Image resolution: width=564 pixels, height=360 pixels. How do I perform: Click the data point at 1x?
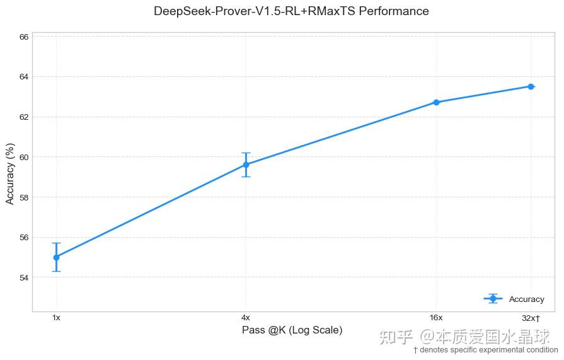pyautogui.click(x=56, y=257)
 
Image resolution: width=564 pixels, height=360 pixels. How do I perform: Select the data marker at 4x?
pyautogui.click(x=246, y=165)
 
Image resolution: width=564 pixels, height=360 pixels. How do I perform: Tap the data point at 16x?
pyautogui.click(x=436, y=102)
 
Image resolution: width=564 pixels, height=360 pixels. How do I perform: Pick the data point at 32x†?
pyautogui.click(x=531, y=86)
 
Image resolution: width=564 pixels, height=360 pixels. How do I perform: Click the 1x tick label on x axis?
pyautogui.click(x=56, y=318)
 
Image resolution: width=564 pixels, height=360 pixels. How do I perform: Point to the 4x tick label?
pyautogui.click(x=246, y=318)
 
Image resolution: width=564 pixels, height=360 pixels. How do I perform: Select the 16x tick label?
pyautogui.click(x=436, y=318)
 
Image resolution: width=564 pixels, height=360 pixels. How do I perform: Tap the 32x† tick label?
pyautogui.click(x=531, y=318)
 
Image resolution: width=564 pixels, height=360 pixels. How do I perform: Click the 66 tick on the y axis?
pyautogui.click(x=24, y=37)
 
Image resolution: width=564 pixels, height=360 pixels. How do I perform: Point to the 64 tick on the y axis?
pyautogui.click(x=24, y=77)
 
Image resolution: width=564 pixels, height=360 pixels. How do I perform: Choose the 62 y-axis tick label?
pyautogui.click(x=24, y=117)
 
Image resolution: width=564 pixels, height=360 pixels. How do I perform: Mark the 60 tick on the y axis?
pyautogui.click(x=24, y=157)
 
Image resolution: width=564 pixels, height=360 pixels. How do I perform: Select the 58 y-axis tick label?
pyautogui.click(x=24, y=197)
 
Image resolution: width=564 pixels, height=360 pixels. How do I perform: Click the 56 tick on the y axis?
pyautogui.click(x=24, y=238)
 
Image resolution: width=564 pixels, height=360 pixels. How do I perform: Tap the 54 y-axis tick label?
pyautogui.click(x=24, y=277)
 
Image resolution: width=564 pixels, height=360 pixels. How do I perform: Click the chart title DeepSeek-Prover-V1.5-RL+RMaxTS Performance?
pyautogui.click(x=291, y=11)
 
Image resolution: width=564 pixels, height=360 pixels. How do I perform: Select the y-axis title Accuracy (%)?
pyautogui.click(x=10, y=173)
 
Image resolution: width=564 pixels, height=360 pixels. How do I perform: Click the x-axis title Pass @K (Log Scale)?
pyautogui.click(x=292, y=330)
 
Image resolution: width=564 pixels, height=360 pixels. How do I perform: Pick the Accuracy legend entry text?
pyautogui.click(x=526, y=299)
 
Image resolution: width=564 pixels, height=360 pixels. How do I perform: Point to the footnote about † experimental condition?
pyautogui.click(x=485, y=350)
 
